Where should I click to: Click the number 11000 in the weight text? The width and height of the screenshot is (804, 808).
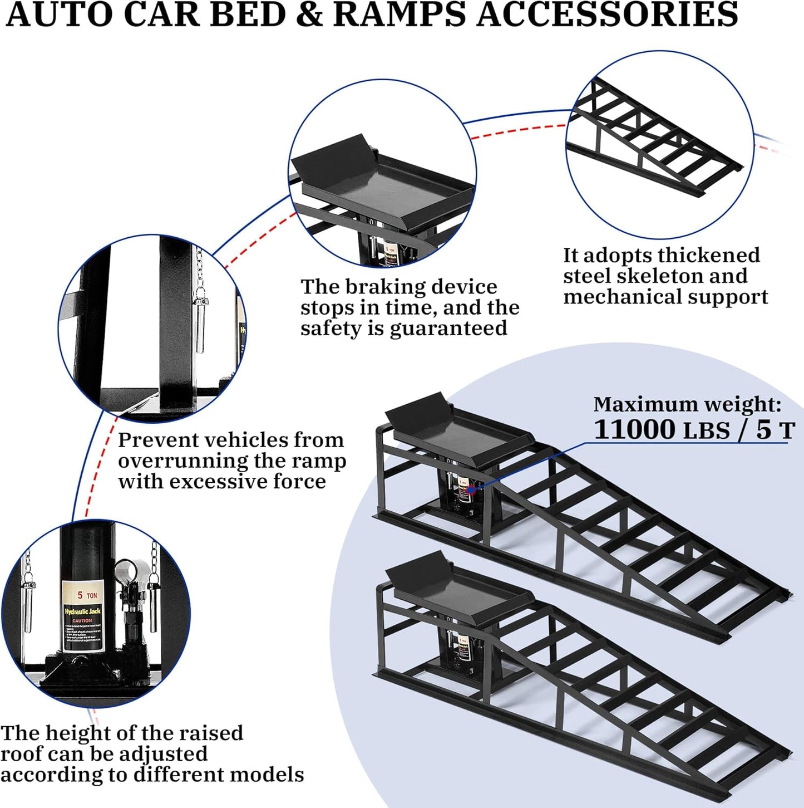click(634, 429)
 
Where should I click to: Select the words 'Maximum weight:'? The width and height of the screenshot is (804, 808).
click(687, 404)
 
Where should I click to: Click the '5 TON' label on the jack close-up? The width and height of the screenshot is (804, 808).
click(87, 595)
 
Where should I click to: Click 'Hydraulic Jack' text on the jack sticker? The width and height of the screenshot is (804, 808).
click(82, 611)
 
